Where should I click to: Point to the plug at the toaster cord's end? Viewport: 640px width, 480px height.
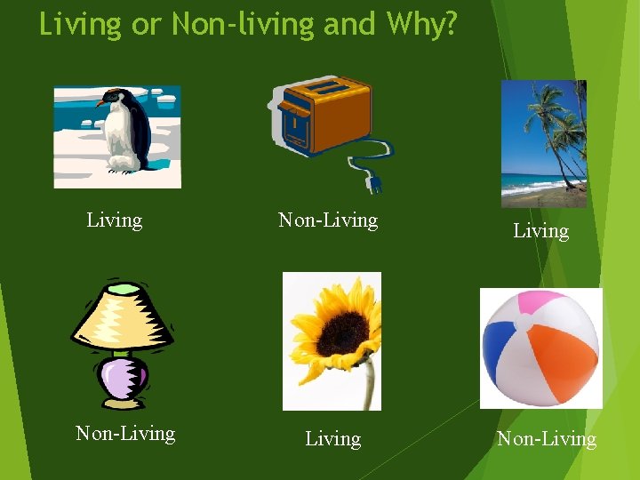[x=374, y=183]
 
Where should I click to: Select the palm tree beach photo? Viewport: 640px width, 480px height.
[x=543, y=143]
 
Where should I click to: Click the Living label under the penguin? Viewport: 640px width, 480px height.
[x=114, y=220]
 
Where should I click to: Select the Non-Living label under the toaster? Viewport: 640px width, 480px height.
[x=328, y=220]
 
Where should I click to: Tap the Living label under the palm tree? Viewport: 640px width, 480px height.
[x=540, y=231]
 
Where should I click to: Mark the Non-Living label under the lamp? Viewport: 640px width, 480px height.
[x=125, y=433]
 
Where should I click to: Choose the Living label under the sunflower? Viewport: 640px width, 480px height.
[x=332, y=438]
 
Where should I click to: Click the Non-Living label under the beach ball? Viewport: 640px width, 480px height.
[x=546, y=438]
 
